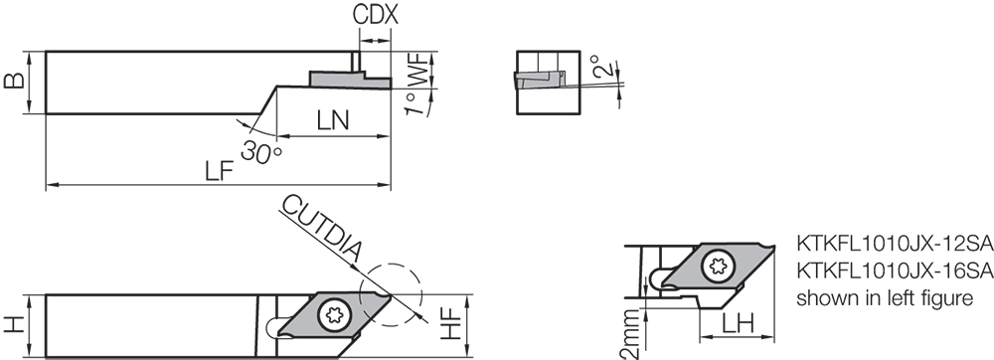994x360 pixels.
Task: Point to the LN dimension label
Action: [333, 121]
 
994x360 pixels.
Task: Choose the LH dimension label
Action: [737, 324]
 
